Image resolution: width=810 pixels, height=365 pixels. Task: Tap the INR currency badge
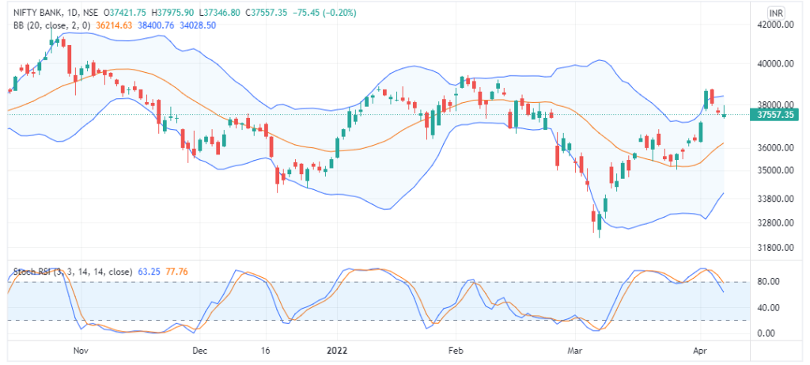point(777,13)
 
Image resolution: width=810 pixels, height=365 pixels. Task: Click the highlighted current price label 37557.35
point(775,115)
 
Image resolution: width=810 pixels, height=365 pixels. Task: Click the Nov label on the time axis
point(78,349)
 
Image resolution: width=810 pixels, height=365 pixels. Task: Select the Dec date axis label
point(199,349)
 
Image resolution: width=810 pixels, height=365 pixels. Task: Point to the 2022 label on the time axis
point(337,349)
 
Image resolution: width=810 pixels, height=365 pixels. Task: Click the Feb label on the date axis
point(454,349)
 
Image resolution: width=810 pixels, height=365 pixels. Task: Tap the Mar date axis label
point(574,349)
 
